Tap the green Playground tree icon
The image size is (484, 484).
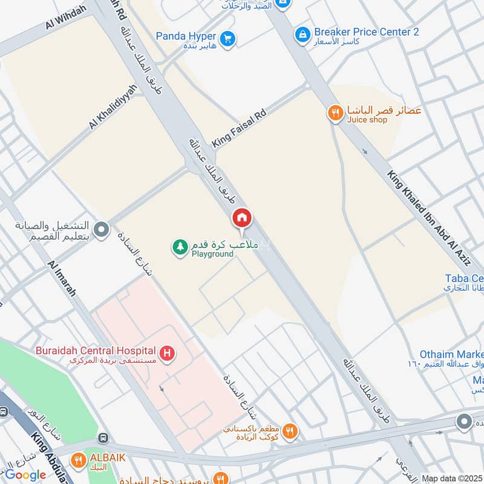(180, 247)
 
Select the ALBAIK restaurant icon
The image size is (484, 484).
(78, 460)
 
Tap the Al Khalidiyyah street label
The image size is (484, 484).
(113, 106)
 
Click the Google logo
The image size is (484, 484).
(25, 475)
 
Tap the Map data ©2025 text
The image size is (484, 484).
(451, 479)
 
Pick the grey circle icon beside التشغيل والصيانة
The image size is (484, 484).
(102, 230)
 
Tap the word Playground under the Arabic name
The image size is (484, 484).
(212, 254)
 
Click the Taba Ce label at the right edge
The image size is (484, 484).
(464, 278)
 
